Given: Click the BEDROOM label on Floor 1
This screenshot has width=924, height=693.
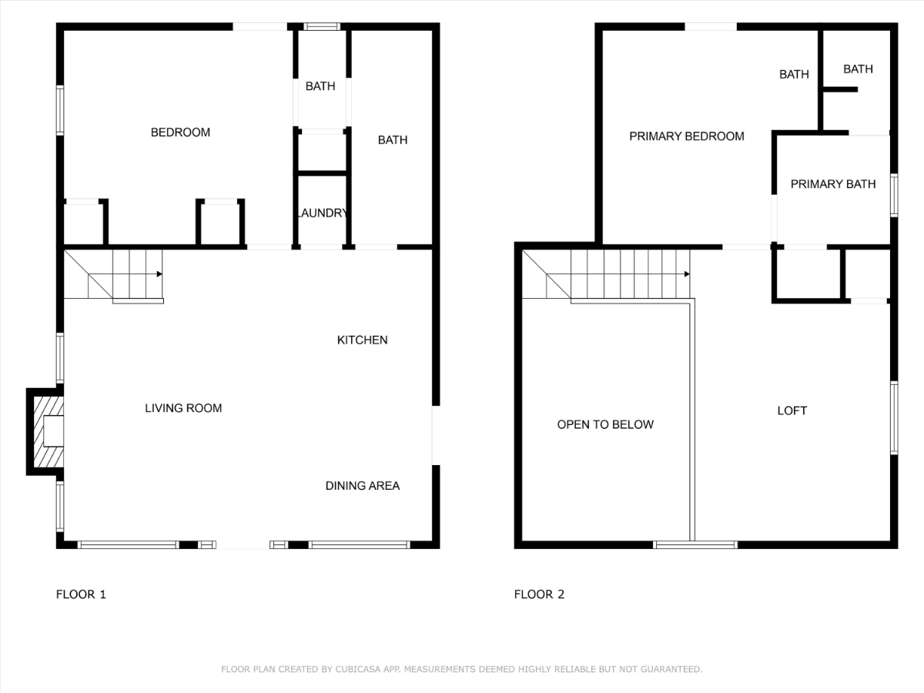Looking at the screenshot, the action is click(180, 132).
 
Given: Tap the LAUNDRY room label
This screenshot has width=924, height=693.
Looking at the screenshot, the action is click(323, 213).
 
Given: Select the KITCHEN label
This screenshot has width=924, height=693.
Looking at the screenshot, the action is click(362, 340).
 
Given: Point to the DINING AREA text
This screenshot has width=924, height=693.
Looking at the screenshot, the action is click(363, 486).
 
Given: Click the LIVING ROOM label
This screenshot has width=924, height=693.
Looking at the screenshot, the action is click(183, 408).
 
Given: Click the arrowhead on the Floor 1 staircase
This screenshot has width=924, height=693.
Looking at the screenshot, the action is click(159, 274).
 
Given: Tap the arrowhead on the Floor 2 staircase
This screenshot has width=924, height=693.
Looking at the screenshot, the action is click(687, 274).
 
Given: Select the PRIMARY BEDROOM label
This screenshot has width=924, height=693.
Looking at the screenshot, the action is click(687, 136).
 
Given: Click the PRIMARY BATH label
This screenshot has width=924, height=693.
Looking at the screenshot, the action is click(833, 184).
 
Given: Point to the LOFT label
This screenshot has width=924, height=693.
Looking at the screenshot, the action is click(792, 410).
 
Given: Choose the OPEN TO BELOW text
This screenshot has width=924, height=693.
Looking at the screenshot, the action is click(605, 424).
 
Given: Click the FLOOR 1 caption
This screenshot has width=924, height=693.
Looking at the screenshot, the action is click(81, 594).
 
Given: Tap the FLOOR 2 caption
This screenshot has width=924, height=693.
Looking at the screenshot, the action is click(539, 594).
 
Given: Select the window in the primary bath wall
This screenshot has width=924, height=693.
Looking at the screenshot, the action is click(894, 196).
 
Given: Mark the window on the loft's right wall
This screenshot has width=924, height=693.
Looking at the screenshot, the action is click(894, 418).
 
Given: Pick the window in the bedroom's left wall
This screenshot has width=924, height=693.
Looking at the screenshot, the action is click(60, 110).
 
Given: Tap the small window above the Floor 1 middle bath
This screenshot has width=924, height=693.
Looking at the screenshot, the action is click(322, 26).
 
